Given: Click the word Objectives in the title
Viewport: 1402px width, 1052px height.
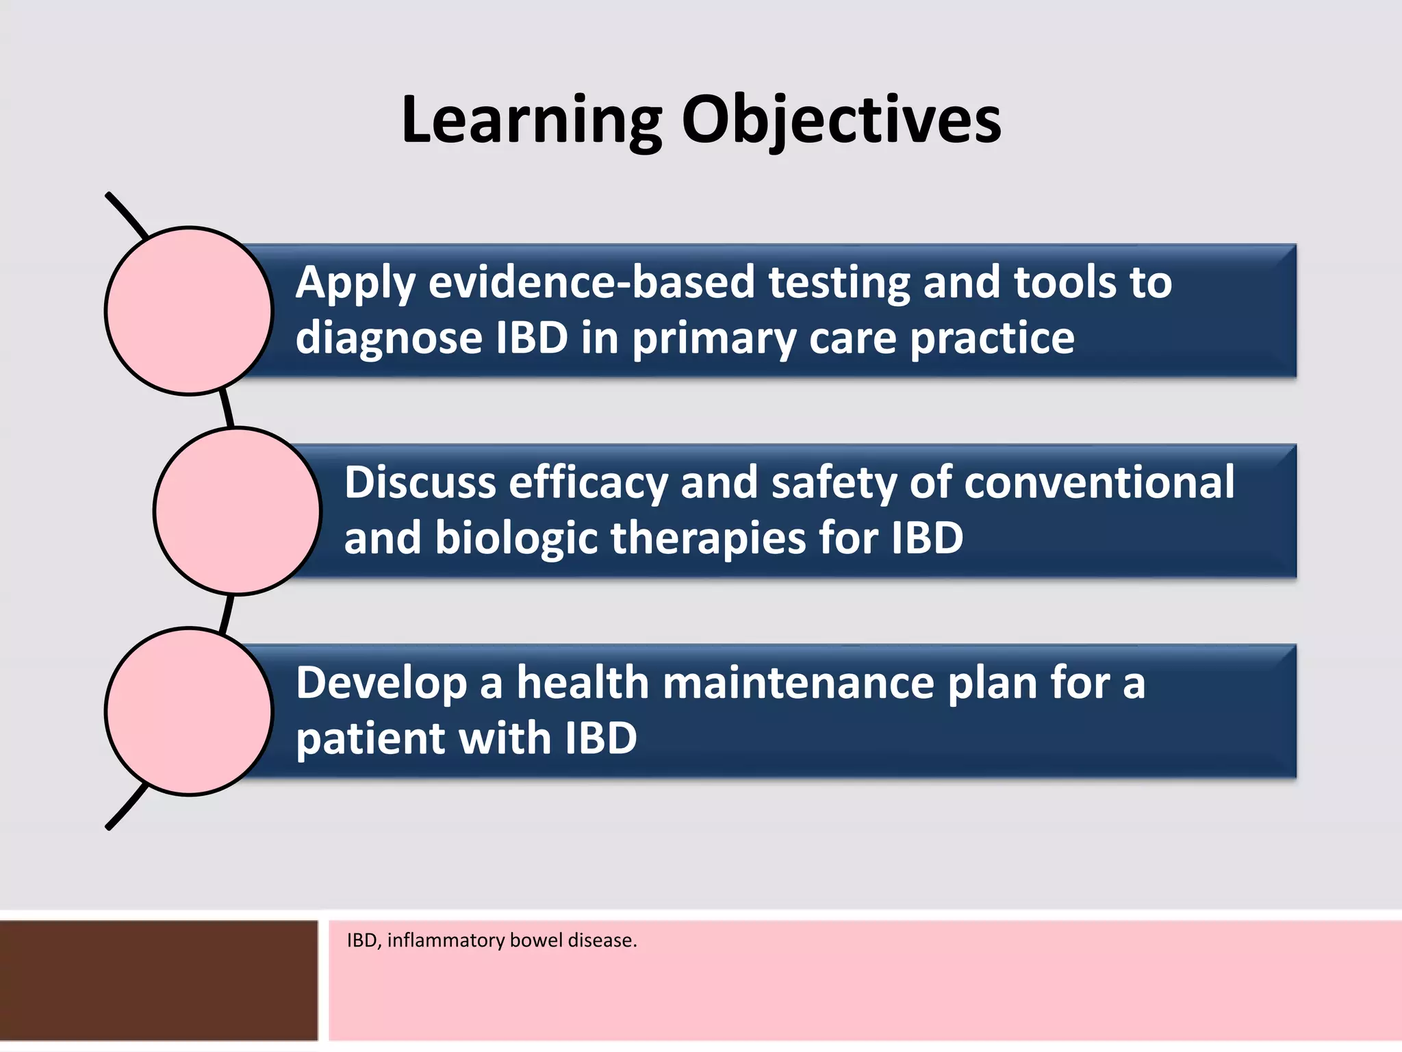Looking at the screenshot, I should pyautogui.click(x=841, y=121).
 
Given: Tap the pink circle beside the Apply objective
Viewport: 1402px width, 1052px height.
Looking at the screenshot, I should pyautogui.click(x=189, y=311).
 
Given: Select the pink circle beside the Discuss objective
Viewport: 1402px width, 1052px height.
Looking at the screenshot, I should pyautogui.click(x=237, y=511).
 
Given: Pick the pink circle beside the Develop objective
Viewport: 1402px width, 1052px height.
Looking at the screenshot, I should pyautogui.click(x=189, y=712).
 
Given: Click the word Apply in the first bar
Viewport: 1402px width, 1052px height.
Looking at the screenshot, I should pyautogui.click(x=355, y=284).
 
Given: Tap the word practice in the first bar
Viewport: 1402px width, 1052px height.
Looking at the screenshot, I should pyautogui.click(x=992, y=338).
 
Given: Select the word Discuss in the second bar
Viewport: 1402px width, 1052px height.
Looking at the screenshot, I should pyautogui.click(x=420, y=482).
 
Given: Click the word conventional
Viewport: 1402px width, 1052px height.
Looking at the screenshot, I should pyautogui.click(x=1099, y=482).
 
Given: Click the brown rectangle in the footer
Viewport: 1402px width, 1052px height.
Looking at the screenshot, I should pyautogui.click(x=159, y=981).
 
